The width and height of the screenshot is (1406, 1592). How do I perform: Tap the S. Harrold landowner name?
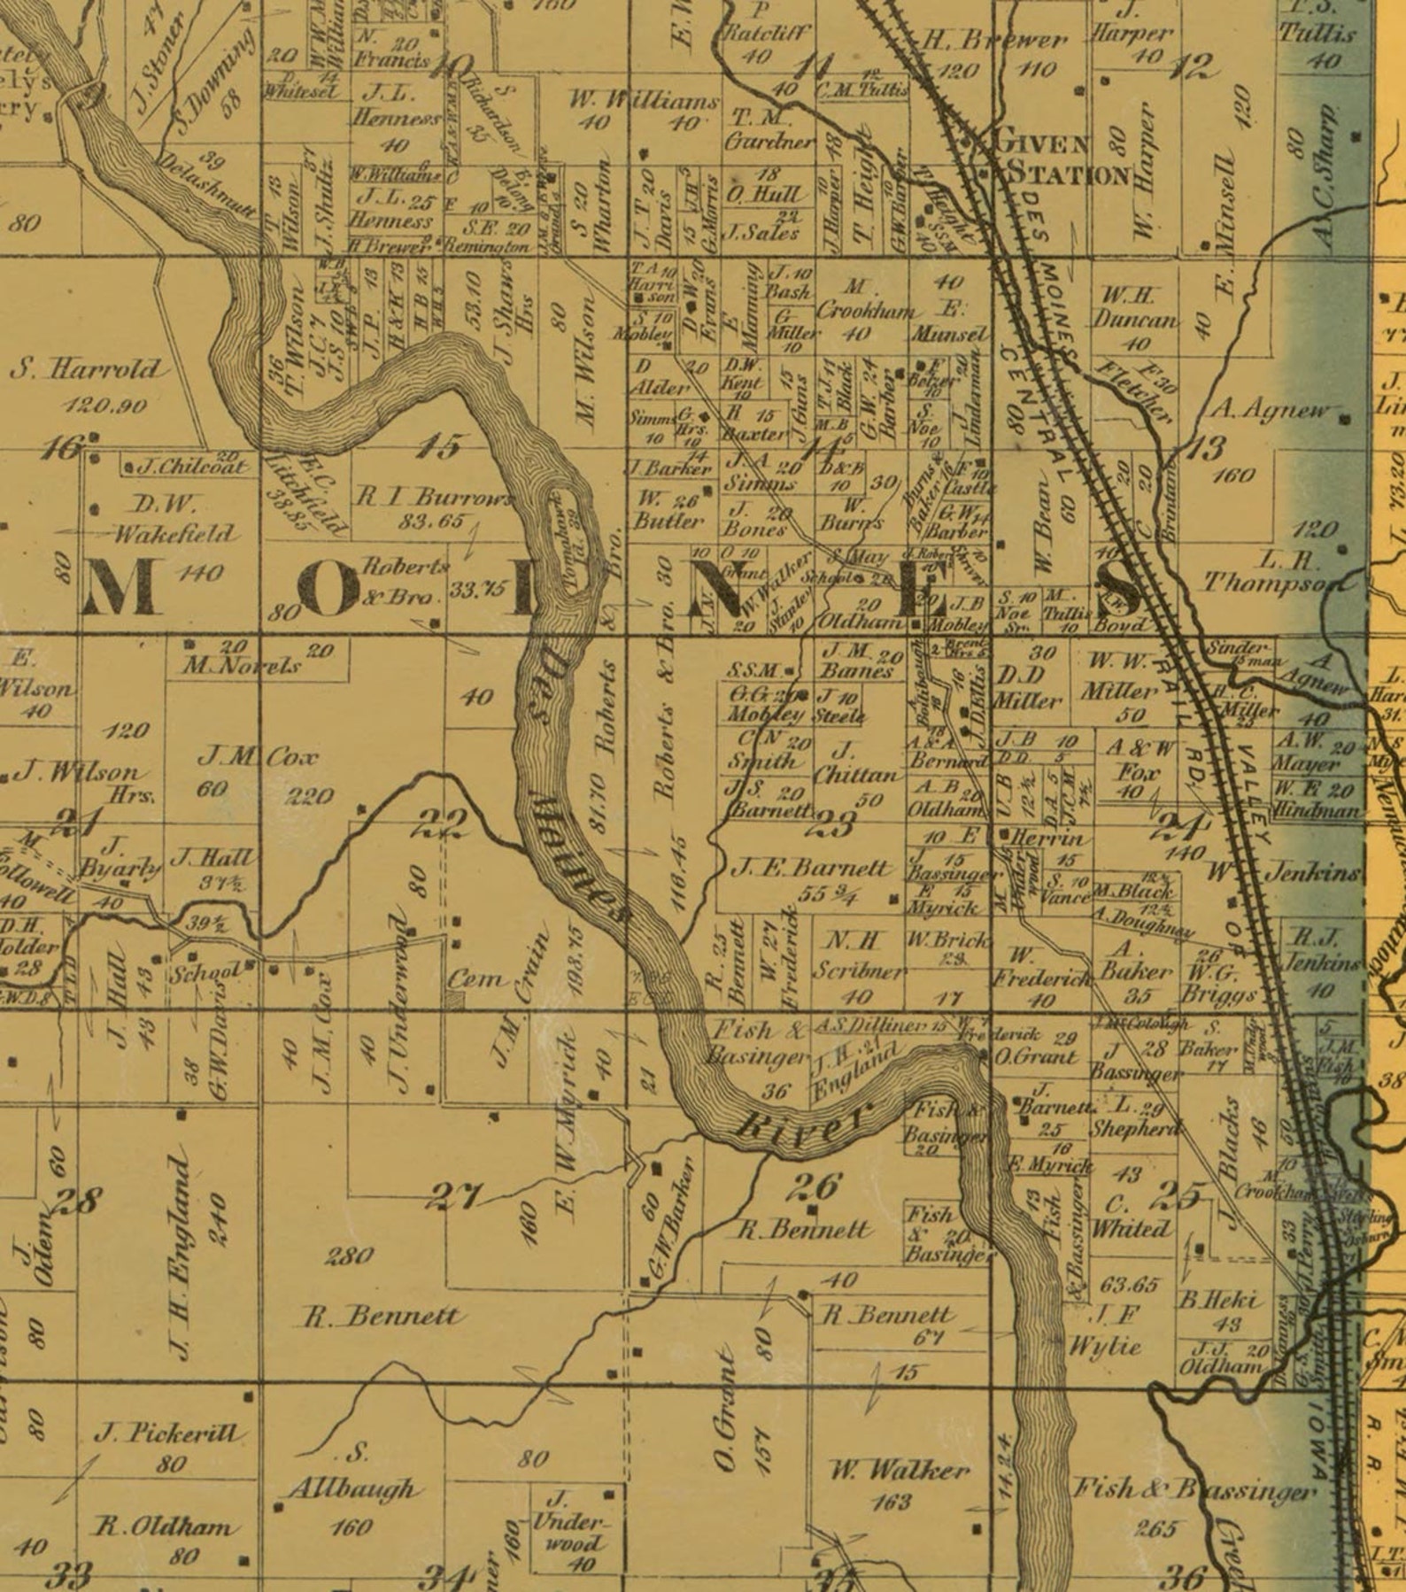coord(86,369)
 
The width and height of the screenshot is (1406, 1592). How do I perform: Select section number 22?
coord(441,826)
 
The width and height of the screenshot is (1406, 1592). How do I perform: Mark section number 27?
coord(454,1197)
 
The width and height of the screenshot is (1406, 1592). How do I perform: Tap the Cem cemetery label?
coord(476,979)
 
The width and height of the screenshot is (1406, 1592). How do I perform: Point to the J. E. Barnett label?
coord(810,868)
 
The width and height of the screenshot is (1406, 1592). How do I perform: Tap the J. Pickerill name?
coord(171,1433)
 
